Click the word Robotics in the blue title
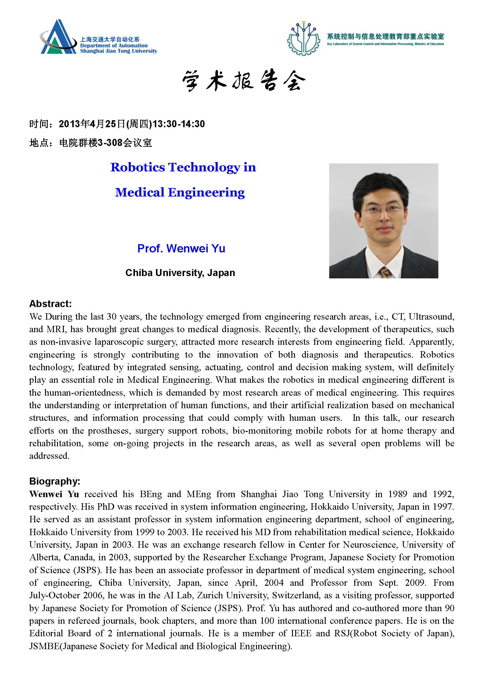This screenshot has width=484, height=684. tap(138, 167)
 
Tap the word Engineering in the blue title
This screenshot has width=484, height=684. tap(206, 192)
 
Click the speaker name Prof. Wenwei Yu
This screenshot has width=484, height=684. tap(181, 248)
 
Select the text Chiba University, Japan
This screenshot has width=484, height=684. tap(180, 273)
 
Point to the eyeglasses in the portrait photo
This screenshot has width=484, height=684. tap(380, 211)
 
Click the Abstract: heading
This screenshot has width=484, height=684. tap(50, 304)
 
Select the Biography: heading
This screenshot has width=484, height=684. tap(54, 481)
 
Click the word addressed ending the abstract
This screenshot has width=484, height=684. tap(49, 456)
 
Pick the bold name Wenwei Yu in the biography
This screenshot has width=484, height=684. tap(54, 494)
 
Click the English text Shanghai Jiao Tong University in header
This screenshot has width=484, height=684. tap(118, 51)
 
